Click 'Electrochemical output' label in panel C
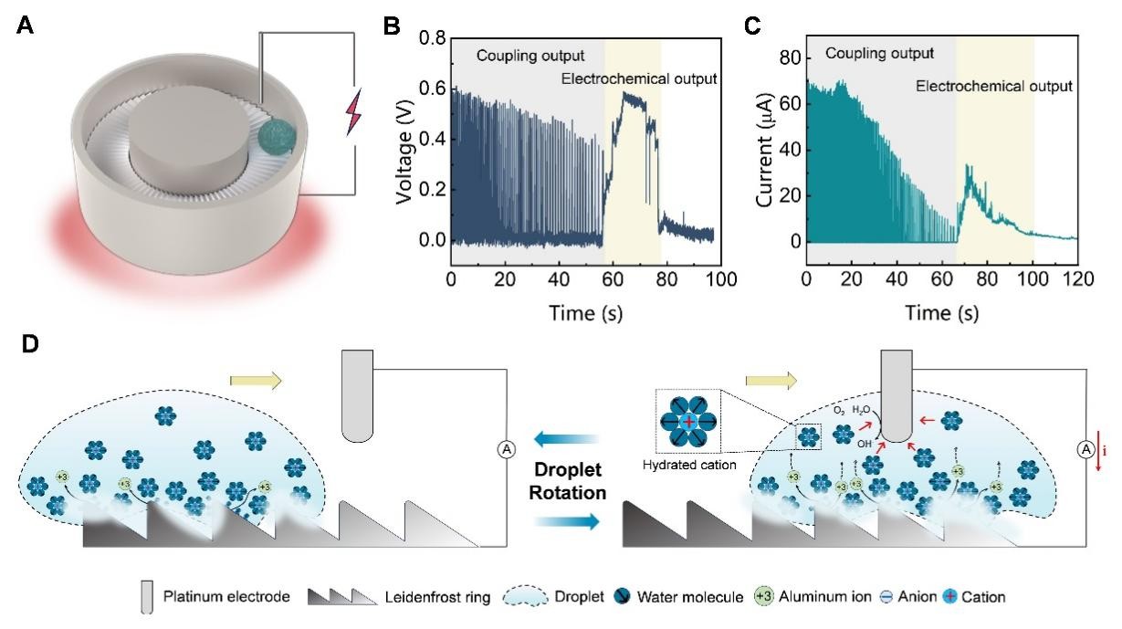pos(993,87)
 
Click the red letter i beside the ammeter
pos(1106,450)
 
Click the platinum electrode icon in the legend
pos(147,597)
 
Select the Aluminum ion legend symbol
pos(764,597)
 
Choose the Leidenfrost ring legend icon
pos(341,597)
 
